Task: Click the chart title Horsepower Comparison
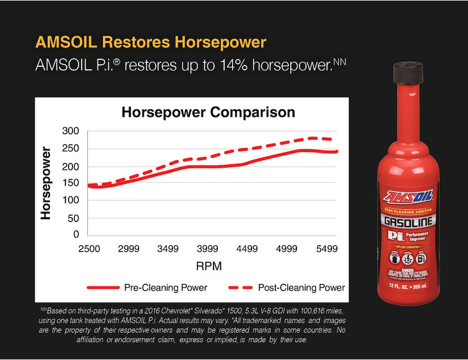coord(208,113)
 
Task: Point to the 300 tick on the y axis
coord(71,132)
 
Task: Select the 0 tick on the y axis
coord(76,235)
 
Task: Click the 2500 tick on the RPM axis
coord(89,249)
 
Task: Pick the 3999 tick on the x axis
coord(208,249)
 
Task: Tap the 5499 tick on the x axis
coord(327,249)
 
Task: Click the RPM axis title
coord(208,266)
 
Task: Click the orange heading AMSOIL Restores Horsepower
coord(152,42)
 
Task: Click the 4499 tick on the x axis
coord(248,249)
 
